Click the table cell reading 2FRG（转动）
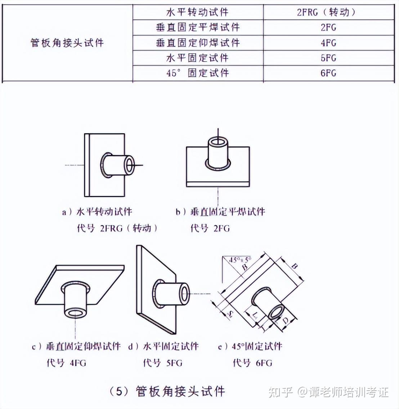click(328, 12)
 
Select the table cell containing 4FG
click(328, 43)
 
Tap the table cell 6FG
click(328, 73)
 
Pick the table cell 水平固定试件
click(197, 58)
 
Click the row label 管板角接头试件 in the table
click(67, 43)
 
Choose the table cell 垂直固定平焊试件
click(197, 27)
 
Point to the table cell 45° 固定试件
click(197, 73)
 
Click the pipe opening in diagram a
click(129, 165)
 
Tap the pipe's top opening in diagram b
click(218, 141)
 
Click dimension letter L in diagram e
click(255, 316)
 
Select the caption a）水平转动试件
click(97, 212)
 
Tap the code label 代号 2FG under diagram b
click(210, 228)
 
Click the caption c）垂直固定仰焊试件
click(76, 346)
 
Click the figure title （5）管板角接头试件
click(167, 391)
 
